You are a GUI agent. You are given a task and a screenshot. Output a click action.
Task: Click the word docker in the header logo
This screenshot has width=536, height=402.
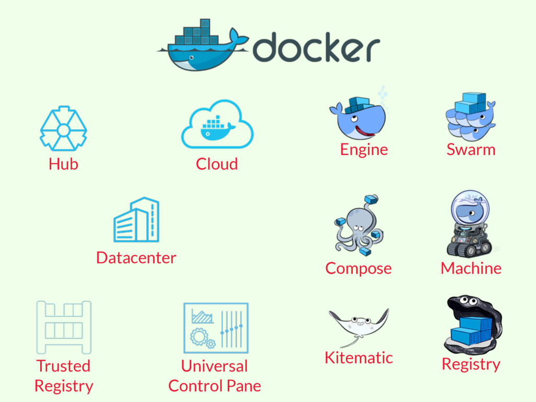pyautogui.click(x=316, y=48)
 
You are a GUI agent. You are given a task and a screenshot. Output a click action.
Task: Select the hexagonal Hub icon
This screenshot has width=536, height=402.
pyautogui.click(x=63, y=129)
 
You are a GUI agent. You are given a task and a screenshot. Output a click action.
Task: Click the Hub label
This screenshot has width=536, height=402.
pyautogui.click(x=63, y=164)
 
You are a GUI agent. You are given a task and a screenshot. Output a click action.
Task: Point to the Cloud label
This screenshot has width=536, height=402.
pyautogui.click(x=217, y=164)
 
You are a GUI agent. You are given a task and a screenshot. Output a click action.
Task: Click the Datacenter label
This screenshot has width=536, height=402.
pyautogui.click(x=136, y=258)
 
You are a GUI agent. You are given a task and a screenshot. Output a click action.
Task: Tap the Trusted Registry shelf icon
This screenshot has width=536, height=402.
pyautogui.click(x=64, y=327)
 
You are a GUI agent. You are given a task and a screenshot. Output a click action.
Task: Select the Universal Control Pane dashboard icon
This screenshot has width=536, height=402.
pyautogui.click(x=216, y=328)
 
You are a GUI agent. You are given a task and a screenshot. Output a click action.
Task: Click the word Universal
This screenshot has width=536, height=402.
pyautogui.click(x=214, y=366)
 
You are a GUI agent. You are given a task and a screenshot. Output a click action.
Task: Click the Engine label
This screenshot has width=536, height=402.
pyautogui.click(x=364, y=150)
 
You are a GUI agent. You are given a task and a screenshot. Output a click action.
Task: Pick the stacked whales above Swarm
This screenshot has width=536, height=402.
pyautogui.click(x=471, y=116)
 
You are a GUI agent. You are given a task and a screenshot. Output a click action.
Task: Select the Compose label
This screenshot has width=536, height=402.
pyautogui.click(x=358, y=268)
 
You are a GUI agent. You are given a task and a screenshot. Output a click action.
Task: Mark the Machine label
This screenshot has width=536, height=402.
pyautogui.click(x=471, y=268)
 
